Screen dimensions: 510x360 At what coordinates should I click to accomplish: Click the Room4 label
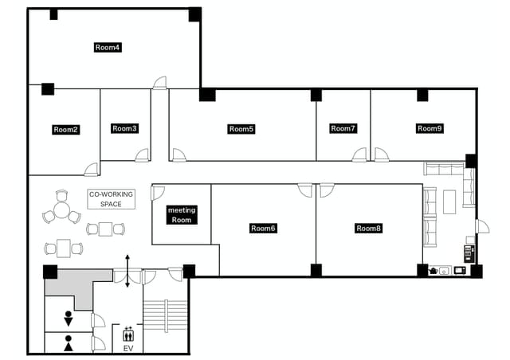tap(108, 48)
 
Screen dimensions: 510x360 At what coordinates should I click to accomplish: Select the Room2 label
tap(65, 130)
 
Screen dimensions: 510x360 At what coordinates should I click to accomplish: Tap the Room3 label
tap(124, 128)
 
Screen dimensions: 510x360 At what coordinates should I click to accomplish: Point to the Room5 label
tap(241, 129)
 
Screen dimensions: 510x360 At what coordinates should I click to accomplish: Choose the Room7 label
tap(343, 128)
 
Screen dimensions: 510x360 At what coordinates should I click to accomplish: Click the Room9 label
tap(430, 128)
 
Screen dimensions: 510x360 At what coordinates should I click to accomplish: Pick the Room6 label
tap(263, 229)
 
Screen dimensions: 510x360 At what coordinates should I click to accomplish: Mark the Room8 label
tap(368, 229)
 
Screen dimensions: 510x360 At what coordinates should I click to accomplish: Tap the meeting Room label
tap(182, 215)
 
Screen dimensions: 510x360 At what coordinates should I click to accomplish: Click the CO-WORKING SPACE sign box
tap(112, 199)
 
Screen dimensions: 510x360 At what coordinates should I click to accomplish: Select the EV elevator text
tap(128, 348)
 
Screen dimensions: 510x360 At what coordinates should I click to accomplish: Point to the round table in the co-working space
tap(61, 209)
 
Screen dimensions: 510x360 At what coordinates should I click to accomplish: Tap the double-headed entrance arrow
tap(127, 272)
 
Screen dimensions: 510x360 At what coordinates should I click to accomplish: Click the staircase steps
tap(166, 315)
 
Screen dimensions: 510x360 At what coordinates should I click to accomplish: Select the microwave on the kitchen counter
tap(460, 270)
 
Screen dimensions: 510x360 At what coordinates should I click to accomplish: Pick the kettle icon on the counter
tap(433, 271)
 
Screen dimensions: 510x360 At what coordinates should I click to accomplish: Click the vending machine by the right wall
tap(469, 254)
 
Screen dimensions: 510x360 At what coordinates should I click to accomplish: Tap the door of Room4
tap(160, 83)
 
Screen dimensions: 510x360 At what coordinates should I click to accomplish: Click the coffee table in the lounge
tap(449, 202)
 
